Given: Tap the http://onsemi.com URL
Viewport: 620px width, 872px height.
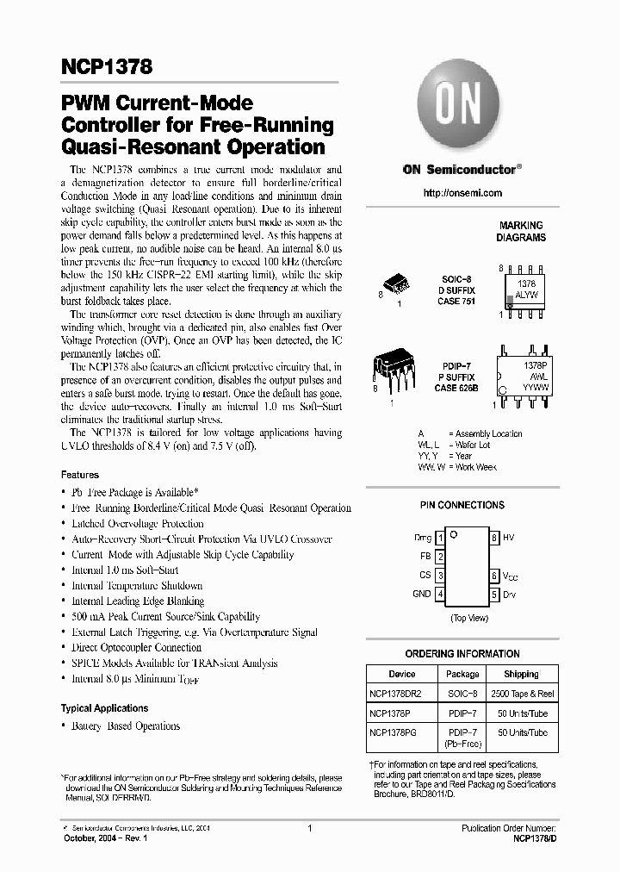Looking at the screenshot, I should [462, 193].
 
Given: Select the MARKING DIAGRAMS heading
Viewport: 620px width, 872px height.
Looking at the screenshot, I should [521, 231].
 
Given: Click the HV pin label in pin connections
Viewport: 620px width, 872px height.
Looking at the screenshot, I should [508, 537].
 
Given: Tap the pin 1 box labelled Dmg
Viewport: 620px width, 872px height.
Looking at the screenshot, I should [440, 538].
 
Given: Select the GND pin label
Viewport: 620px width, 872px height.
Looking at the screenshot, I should [422, 594].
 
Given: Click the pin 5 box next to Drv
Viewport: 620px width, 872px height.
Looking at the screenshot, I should [494, 595].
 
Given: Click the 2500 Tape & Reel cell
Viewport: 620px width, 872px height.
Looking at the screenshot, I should [521, 693].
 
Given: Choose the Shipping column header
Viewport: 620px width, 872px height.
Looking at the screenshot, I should [521, 674].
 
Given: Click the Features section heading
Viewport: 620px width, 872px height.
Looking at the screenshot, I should [80, 475].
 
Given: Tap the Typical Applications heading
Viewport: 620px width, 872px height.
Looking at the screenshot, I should [104, 708].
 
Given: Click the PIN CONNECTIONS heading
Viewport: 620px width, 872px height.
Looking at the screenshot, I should [462, 505].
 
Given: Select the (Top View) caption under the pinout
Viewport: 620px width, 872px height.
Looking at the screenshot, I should [468, 619].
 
